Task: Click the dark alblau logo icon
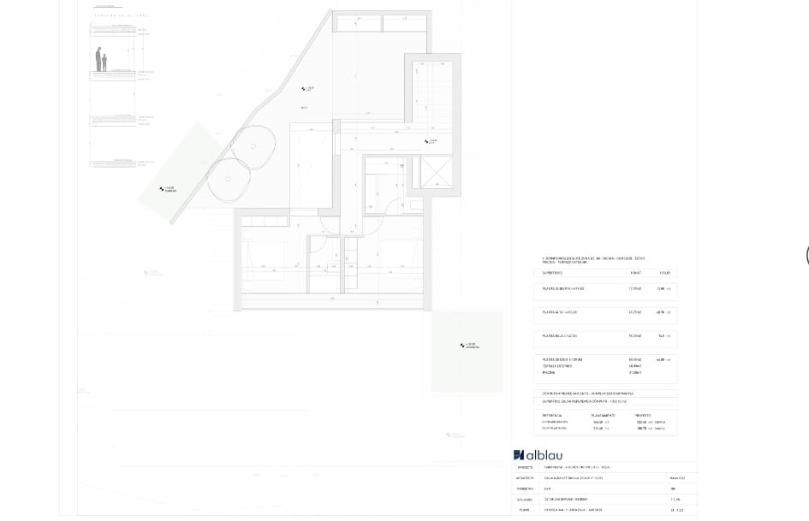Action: tap(518, 455)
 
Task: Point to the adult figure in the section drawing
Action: tap(98, 61)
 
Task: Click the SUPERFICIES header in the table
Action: tap(554, 273)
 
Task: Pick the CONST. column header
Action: tap(636, 273)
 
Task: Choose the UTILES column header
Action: tap(663, 273)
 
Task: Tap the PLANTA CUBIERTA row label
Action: tap(564, 289)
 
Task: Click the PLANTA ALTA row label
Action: tap(560, 312)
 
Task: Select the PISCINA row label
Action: tap(549, 373)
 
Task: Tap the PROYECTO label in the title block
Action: tap(526, 468)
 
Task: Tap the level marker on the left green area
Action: tap(165, 189)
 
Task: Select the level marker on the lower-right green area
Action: tap(468, 346)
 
